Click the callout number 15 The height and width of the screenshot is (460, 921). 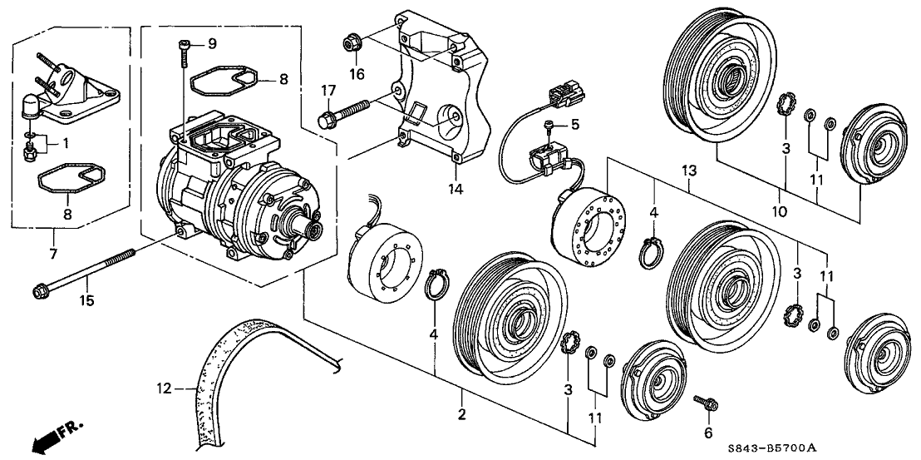87,300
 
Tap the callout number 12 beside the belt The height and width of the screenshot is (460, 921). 164,388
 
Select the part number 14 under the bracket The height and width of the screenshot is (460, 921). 456,189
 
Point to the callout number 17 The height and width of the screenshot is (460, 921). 328,91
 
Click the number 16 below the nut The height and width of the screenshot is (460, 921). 357,74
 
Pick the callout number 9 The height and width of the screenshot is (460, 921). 211,43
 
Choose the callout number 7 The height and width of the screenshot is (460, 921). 53,255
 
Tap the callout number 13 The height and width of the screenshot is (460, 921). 689,171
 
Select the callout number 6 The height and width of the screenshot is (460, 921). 707,433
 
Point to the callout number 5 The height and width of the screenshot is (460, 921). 575,125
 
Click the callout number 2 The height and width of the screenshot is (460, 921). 461,414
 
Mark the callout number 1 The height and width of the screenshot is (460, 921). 66,143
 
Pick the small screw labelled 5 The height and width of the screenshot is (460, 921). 548,126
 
